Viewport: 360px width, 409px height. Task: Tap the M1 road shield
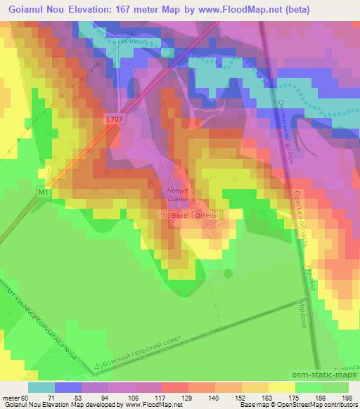[44, 191]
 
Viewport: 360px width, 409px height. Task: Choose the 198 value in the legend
[347, 397]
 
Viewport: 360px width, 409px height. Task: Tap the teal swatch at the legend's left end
[41, 387]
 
